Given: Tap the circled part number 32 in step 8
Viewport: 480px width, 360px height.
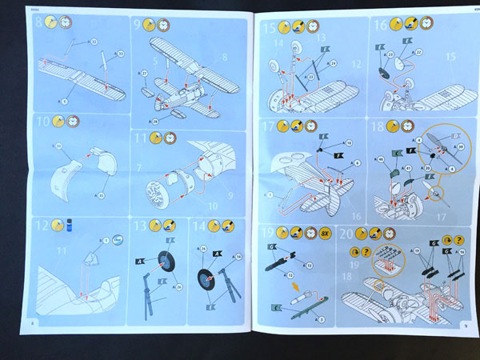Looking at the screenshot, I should point(94,41).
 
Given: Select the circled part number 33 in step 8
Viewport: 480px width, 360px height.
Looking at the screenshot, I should point(121,54).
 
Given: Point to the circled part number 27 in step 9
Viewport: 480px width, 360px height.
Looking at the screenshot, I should point(144,74).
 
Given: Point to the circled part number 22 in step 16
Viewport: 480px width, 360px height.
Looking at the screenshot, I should point(418,52).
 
